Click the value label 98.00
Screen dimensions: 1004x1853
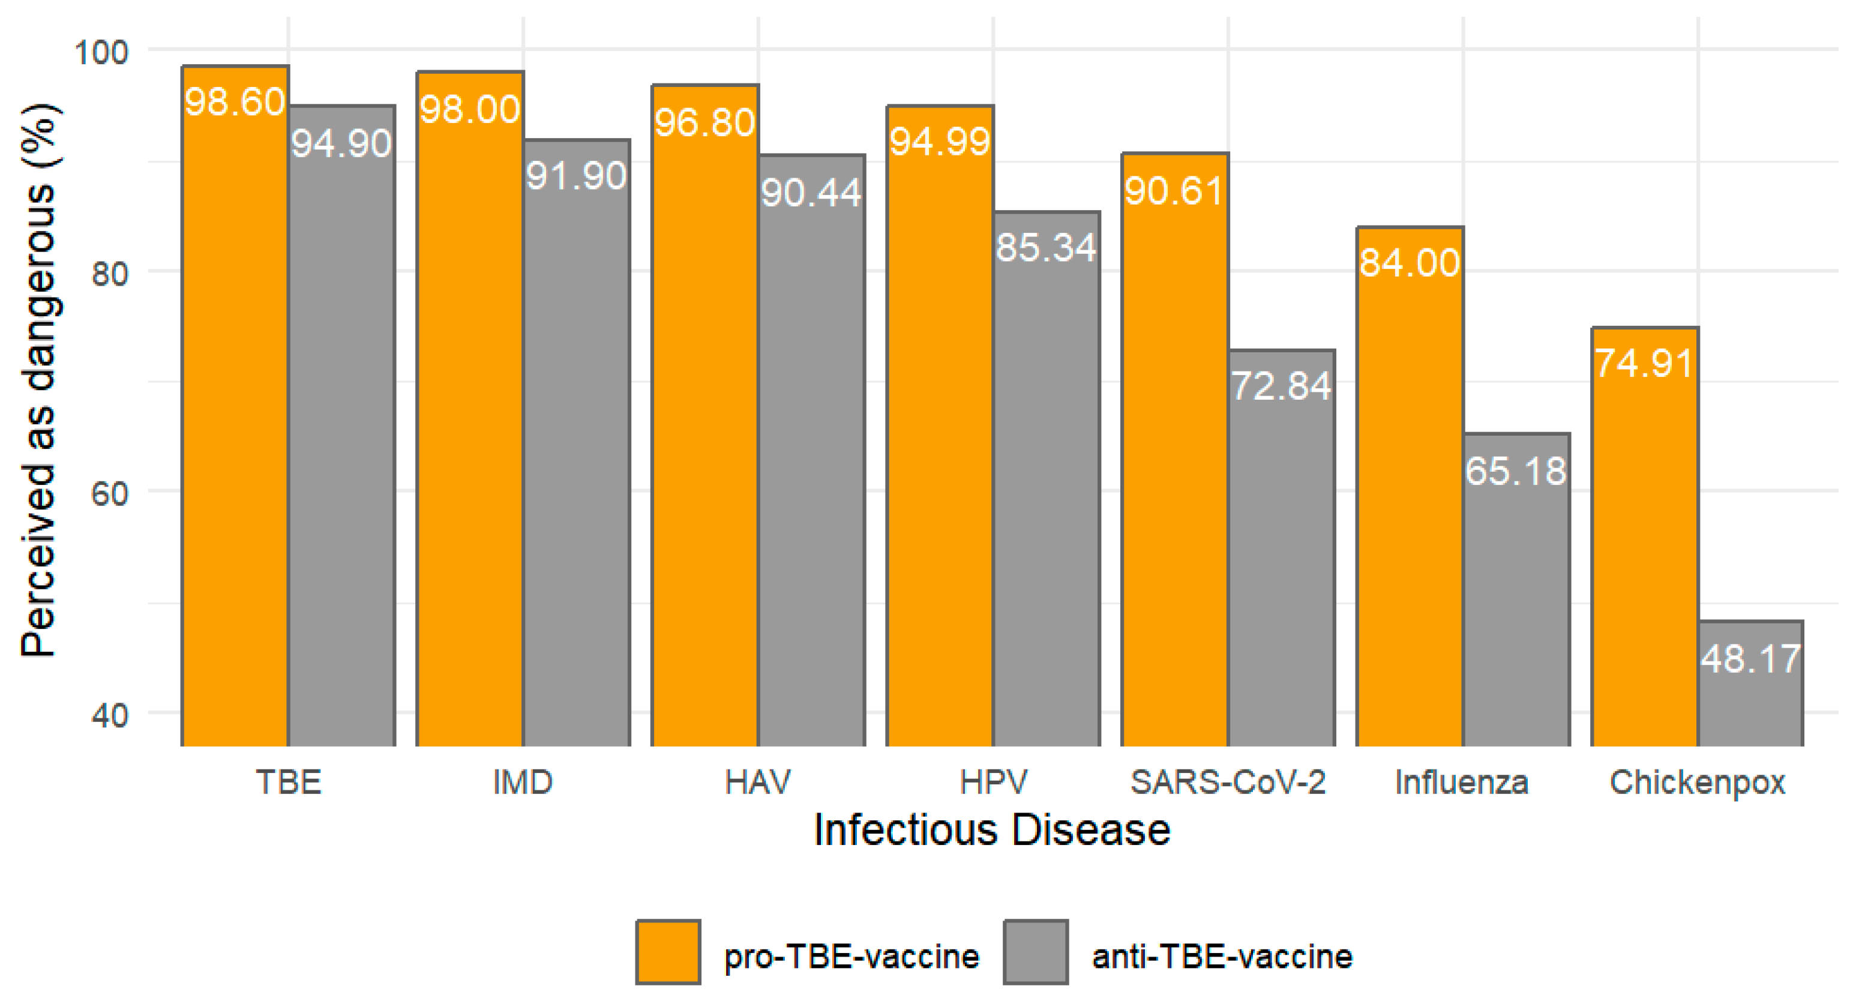470,110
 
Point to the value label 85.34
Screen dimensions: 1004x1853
1046,248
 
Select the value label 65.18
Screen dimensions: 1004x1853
1516,472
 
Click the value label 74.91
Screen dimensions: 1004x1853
1644,363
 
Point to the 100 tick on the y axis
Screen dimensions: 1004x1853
101,52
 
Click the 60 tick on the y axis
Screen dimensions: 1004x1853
109,493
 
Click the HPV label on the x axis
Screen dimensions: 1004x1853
993,783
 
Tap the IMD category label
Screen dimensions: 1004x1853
523,783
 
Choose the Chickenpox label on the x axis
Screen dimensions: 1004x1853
1697,783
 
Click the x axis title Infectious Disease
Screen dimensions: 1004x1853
992,830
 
